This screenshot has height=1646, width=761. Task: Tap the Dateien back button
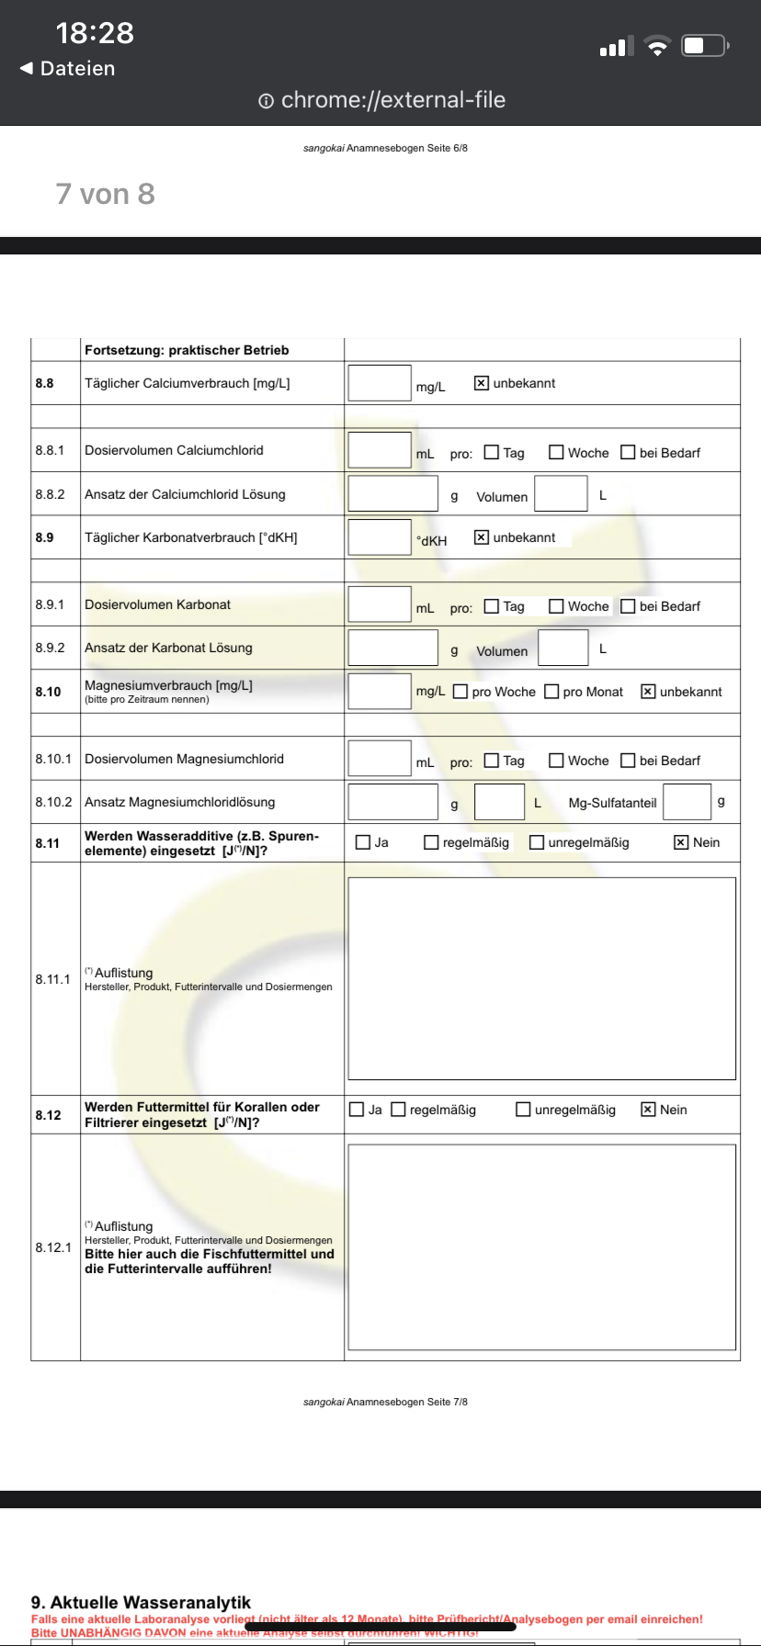click(68, 69)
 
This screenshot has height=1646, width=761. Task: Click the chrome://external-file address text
click(392, 100)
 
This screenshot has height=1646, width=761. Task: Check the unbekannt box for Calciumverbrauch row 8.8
click(481, 383)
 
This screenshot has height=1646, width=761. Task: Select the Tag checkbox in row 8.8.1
click(492, 452)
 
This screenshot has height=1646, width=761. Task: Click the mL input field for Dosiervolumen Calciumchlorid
click(379, 450)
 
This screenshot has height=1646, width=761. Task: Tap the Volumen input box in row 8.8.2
click(561, 494)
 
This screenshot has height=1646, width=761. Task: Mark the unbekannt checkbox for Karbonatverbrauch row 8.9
click(481, 537)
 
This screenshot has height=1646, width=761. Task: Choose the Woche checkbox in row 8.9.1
click(556, 606)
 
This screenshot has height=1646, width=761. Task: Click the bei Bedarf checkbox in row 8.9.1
click(628, 606)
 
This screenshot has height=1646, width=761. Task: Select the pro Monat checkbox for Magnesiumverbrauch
click(551, 692)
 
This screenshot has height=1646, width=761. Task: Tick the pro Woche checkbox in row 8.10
click(460, 692)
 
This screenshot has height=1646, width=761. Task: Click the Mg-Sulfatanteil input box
click(687, 802)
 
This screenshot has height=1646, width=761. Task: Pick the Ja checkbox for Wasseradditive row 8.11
click(363, 842)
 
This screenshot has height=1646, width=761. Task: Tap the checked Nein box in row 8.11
click(681, 842)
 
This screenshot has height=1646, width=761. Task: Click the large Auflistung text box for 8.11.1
click(541, 978)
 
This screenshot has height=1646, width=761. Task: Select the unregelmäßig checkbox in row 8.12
click(523, 1110)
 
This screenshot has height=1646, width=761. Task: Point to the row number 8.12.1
click(53, 1247)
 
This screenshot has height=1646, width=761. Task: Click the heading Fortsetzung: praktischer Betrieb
click(187, 350)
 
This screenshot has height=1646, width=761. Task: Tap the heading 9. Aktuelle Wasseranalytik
click(141, 1603)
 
